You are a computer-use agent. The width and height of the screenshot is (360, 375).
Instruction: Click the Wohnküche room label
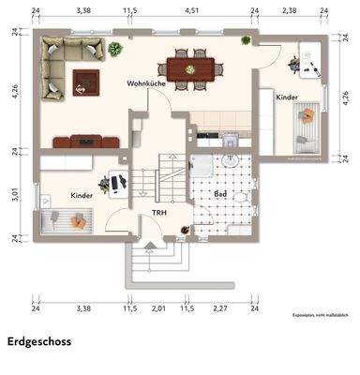tap(146, 84)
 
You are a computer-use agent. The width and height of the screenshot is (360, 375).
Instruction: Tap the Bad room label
tap(220, 194)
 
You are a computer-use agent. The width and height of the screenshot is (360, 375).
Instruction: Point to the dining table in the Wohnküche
tap(190, 67)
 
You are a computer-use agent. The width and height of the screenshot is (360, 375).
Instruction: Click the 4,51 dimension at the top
tap(191, 10)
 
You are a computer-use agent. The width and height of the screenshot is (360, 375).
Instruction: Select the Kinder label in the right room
tap(286, 97)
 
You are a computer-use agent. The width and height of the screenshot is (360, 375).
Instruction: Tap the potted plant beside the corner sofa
tap(114, 49)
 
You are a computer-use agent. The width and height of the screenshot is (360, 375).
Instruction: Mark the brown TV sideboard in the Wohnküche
tap(86, 142)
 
